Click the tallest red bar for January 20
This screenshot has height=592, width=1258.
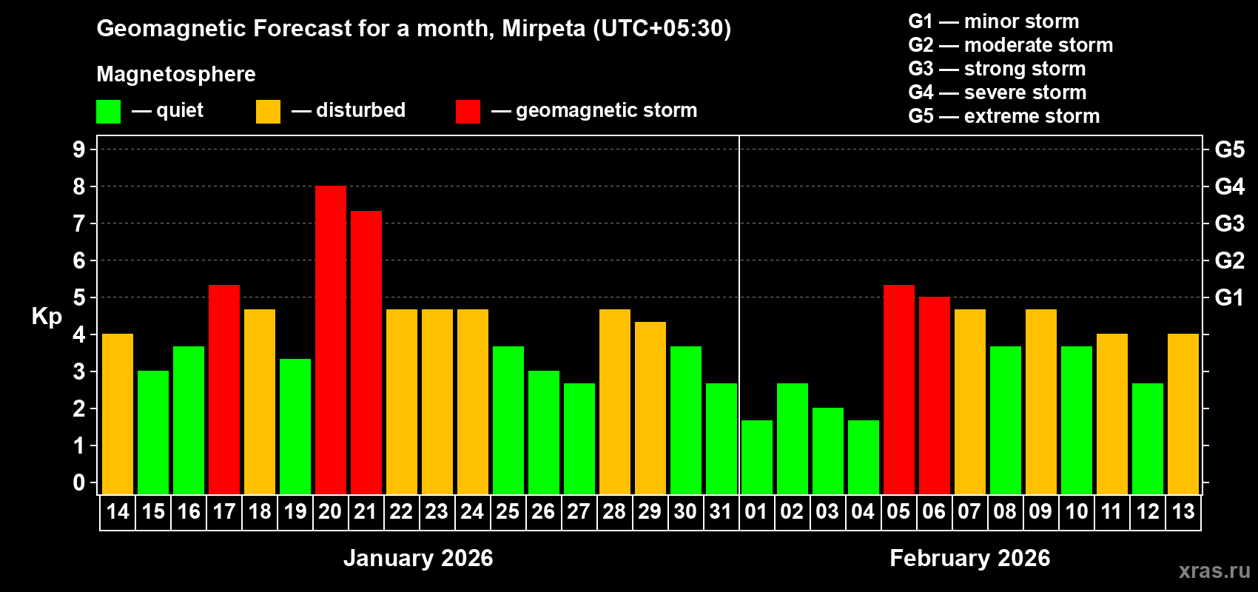tap(331, 340)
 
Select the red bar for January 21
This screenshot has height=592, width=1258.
tap(366, 353)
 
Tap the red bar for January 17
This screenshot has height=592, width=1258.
tap(224, 390)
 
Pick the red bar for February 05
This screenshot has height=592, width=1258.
tap(899, 390)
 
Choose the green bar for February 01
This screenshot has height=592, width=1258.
tap(757, 457)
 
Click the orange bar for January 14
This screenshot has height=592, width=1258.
tap(118, 414)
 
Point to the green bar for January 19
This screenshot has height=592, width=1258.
tap(295, 427)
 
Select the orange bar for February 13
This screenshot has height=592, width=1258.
tap(1183, 414)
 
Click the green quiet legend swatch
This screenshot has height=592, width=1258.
tap(109, 112)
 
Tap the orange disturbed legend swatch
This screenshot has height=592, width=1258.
tap(268, 112)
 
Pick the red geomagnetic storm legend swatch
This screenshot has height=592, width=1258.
tap(468, 112)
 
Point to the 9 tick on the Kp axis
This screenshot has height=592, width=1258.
tap(79, 149)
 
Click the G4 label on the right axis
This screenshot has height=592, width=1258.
tap(1229, 186)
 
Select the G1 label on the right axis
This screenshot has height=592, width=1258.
tap(1229, 297)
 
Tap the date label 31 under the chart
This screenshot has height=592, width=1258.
tap(721, 511)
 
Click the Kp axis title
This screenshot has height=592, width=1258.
tap(47, 316)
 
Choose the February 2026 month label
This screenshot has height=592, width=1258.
tap(969, 558)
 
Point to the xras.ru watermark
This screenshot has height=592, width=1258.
tap(1214, 570)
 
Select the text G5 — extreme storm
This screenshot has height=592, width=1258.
tap(1003, 116)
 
